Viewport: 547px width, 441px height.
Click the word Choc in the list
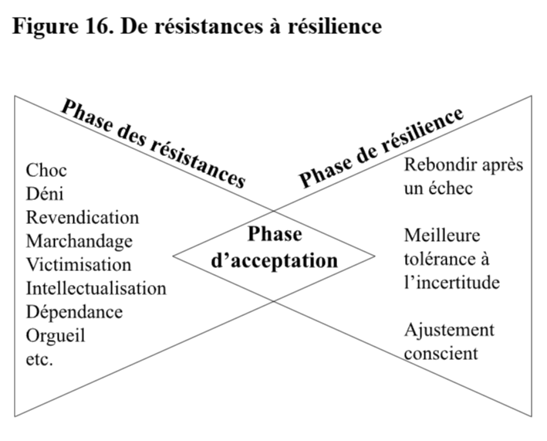coord(46,171)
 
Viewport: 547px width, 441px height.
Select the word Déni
coord(45,194)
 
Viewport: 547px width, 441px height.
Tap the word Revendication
coord(83,218)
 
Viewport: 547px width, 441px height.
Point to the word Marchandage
coord(79,242)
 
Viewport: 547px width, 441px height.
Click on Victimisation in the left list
coord(79,265)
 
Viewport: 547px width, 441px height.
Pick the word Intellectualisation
coord(96,288)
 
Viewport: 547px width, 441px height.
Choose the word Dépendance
coord(75,313)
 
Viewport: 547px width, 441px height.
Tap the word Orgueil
coord(56,336)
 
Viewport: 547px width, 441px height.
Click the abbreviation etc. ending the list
coord(39,360)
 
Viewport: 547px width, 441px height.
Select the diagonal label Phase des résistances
coord(154,144)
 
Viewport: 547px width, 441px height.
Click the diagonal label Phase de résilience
coord(381,148)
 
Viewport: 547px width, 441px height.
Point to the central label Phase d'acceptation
coord(275,248)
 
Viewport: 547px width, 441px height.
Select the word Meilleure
coord(442,236)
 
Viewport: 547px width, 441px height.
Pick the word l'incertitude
coord(452,283)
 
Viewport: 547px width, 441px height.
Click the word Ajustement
coord(449,331)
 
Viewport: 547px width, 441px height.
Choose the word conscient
coord(441,354)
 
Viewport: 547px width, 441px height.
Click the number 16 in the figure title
coord(99,26)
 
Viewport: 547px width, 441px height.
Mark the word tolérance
coord(441,259)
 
